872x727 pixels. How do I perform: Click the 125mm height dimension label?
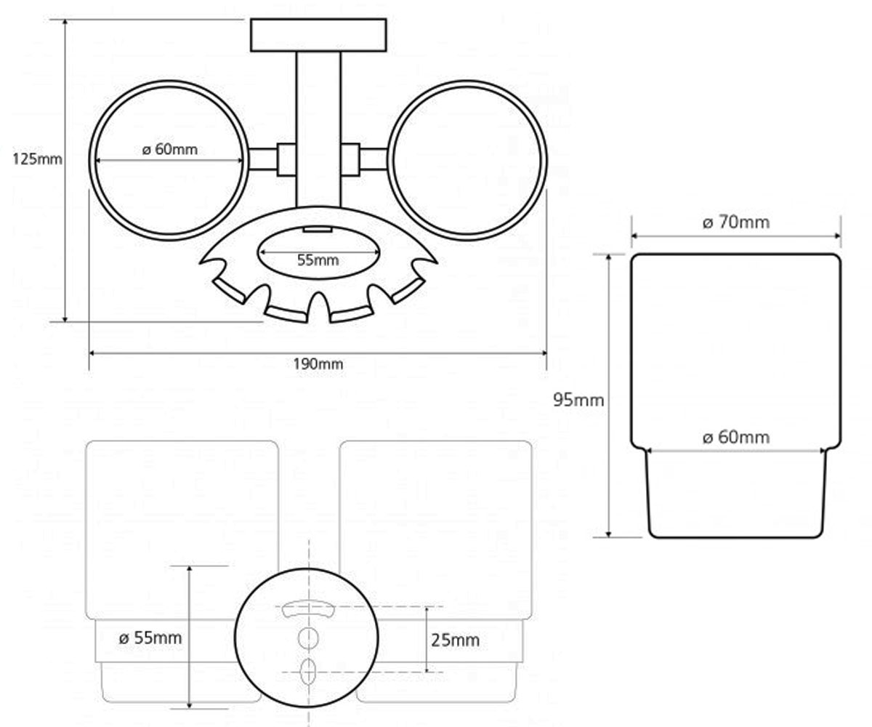[37, 159]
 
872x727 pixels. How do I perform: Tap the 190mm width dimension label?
[318, 364]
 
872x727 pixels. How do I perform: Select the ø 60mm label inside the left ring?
[169, 149]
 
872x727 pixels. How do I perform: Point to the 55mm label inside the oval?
[318, 260]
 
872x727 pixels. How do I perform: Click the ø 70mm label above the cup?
[736, 222]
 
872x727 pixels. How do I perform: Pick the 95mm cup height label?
[578, 401]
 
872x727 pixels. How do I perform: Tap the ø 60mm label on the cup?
[736, 438]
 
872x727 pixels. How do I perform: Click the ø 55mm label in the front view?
[150, 638]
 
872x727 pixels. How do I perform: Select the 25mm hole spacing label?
[455, 640]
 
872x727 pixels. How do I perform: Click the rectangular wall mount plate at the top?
[318, 35]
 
